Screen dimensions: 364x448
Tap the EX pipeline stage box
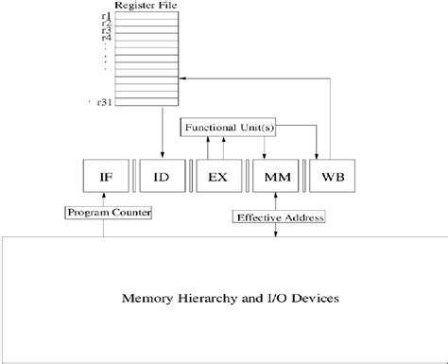[216, 177]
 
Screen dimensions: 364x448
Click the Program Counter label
[109, 213]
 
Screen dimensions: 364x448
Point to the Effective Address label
[277, 218]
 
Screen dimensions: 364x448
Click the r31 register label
[102, 101]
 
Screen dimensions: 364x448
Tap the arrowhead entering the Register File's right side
[187, 78]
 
